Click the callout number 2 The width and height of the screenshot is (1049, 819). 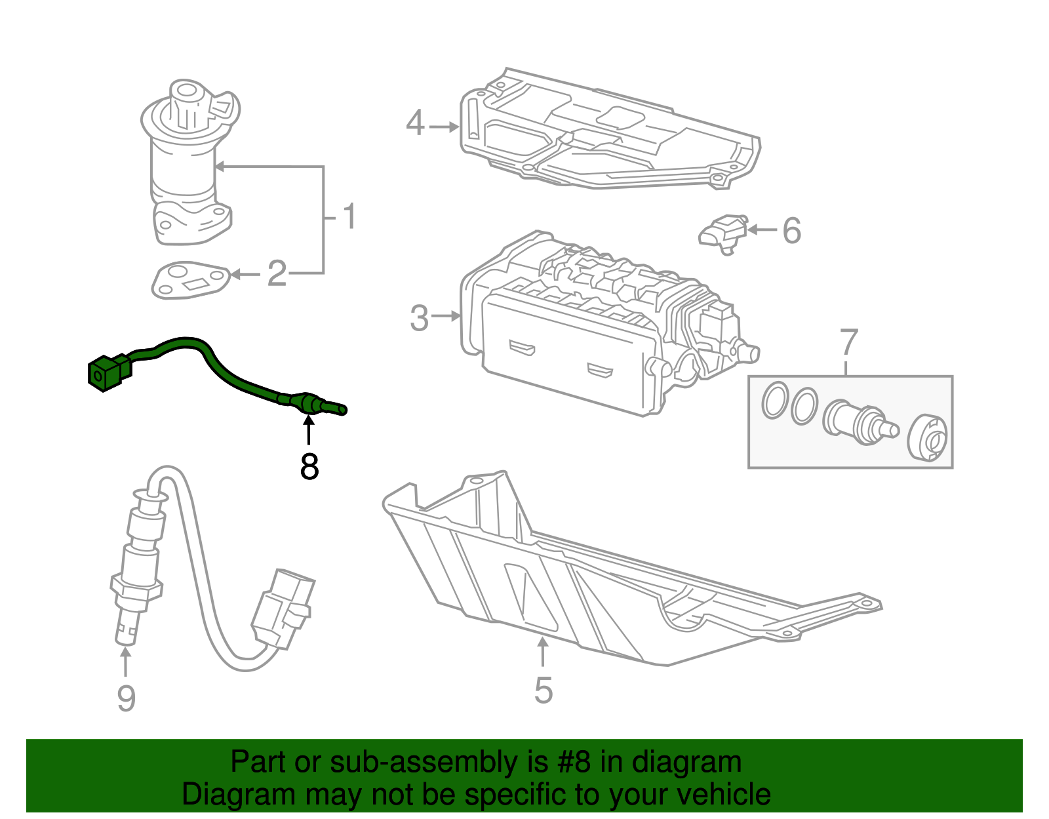(x=277, y=273)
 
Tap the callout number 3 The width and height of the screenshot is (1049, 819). (x=419, y=318)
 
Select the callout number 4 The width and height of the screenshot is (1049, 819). (x=415, y=123)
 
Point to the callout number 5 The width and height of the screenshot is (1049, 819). (x=544, y=690)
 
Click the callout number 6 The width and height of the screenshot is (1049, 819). (x=792, y=231)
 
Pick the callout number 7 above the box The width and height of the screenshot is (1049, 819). (x=848, y=343)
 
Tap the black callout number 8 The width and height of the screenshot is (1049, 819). (x=309, y=467)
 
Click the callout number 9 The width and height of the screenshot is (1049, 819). (x=126, y=698)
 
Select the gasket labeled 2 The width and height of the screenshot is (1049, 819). (x=189, y=280)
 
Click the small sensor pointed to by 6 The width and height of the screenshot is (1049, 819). (x=722, y=233)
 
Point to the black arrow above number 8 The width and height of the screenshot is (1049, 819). (x=307, y=429)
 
